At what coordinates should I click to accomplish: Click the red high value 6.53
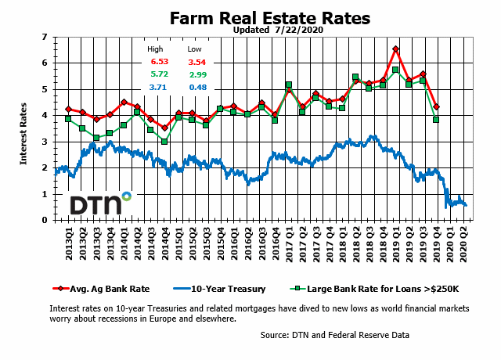pos(160,62)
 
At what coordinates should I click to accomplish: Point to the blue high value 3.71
pos(160,87)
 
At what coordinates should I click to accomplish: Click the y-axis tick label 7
pos(45,37)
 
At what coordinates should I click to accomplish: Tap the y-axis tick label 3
pos(45,142)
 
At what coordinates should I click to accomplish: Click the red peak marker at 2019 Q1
pos(396,49)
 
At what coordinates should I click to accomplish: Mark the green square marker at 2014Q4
pos(164,142)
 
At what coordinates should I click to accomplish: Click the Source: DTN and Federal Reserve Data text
pos(334,336)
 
